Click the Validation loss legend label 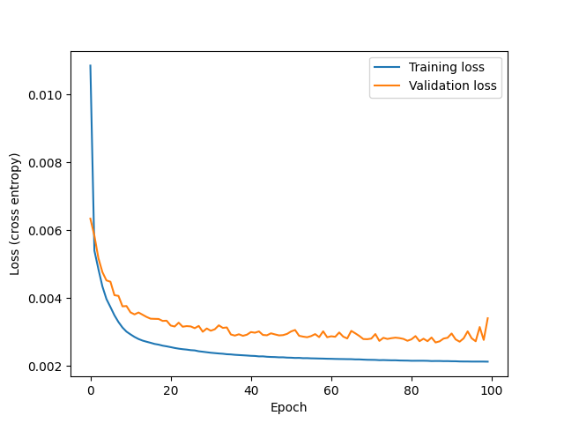click(453, 86)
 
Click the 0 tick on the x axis click(91, 390)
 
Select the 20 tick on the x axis click(171, 390)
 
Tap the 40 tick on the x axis click(251, 390)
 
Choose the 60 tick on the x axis click(331, 390)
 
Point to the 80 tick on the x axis click(412, 390)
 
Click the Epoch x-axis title click(289, 407)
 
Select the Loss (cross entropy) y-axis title click(16, 214)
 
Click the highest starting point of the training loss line click(90, 66)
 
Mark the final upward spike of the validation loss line click(487, 318)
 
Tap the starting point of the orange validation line click(90, 219)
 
